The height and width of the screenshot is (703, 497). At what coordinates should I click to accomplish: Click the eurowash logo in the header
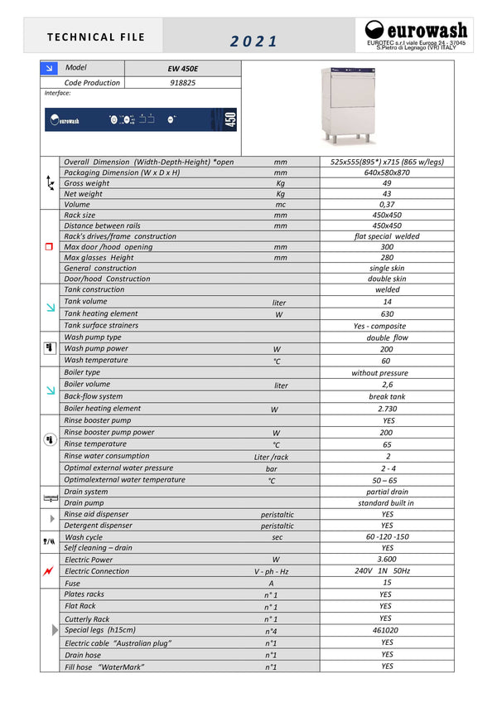tap(415, 35)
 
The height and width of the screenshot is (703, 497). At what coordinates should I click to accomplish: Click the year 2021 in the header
tap(254, 41)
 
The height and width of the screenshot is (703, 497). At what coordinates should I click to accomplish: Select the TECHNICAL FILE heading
tap(96, 37)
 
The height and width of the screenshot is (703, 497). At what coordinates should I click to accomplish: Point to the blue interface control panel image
tap(142, 119)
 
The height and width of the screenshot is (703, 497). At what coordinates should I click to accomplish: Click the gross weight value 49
tap(387, 183)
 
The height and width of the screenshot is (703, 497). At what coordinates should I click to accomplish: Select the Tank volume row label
tap(85, 302)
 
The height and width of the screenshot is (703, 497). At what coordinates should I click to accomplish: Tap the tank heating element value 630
tap(387, 314)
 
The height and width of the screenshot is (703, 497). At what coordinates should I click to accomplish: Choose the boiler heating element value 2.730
tap(387, 409)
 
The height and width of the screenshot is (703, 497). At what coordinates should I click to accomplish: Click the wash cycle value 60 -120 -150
tap(387, 537)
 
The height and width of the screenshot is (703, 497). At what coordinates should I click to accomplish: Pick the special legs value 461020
tap(387, 630)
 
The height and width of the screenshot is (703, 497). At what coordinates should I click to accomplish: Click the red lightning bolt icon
tap(50, 571)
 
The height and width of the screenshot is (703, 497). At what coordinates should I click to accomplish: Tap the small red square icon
tap(49, 246)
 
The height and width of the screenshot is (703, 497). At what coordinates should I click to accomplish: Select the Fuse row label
tap(73, 583)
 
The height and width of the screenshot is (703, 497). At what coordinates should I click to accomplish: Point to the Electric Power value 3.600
tap(387, 560)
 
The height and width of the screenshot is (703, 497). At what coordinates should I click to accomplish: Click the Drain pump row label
tap(84, 502)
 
